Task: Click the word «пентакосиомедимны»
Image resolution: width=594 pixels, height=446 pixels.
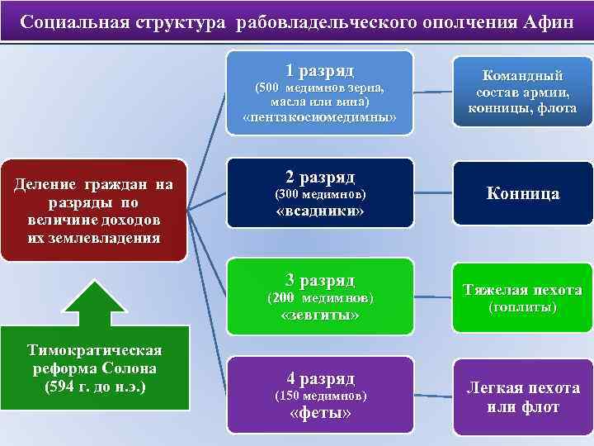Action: [320, 118]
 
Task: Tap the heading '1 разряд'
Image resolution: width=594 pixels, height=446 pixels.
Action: [320, 70]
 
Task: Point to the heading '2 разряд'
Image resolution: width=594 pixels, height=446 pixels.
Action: [320, 177]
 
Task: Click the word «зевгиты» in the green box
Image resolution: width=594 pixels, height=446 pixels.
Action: [320, 316]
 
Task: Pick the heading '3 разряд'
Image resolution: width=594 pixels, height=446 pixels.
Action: [320, 280]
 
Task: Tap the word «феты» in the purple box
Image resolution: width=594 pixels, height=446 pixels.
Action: [320, 414]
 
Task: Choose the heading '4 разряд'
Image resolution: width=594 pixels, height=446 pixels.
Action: [320, 379]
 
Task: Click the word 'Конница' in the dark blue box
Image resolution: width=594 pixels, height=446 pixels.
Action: [523, 193]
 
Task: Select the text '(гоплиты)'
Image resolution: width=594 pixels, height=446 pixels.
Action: [523, 307]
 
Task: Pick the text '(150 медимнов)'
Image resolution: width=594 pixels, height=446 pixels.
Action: [320, 396]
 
